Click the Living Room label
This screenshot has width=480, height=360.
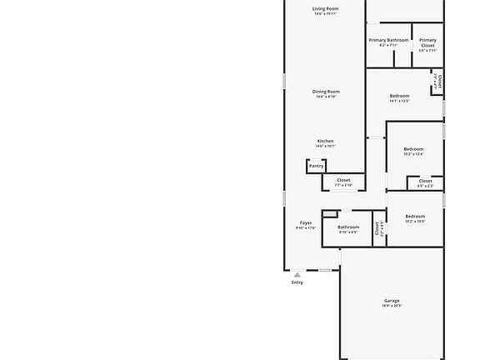[x=326, y=9]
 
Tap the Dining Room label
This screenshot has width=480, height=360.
[x=326, y=92]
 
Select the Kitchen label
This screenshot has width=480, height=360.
[x=326, y=141]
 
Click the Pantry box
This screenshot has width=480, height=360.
[x=317, y=166]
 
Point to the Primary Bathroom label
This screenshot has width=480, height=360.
[x=388, y=40]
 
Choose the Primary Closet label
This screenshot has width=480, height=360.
[x=427, y=40]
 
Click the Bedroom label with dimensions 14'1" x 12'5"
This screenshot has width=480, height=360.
[x=400, y=97]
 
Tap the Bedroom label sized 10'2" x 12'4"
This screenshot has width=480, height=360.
[x=414, y=149]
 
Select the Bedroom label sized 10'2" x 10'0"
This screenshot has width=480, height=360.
[x=415, y=217]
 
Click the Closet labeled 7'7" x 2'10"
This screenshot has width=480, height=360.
[x=343, y=180]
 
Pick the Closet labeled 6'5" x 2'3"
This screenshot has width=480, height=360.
[x=425, y=181]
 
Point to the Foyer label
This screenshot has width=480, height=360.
[x=306, y=223]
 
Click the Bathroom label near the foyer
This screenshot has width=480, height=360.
[x=348, y=227]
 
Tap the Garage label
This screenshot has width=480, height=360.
[x=392, y=301]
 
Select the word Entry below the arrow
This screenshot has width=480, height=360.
[x=297, y=282]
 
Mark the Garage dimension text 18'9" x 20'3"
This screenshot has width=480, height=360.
[x=392, y=307]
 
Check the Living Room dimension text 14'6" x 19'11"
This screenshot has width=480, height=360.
[x=326, y=14]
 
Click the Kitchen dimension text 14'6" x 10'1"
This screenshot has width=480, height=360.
[x=326, y=146]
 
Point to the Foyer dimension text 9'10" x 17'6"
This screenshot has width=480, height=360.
[x=306, y=228]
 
